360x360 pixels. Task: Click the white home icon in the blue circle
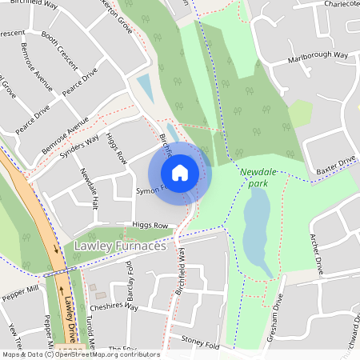180,172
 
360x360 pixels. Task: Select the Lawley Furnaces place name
119,246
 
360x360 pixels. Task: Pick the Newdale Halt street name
87,188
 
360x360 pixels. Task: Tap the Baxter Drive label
335,165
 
